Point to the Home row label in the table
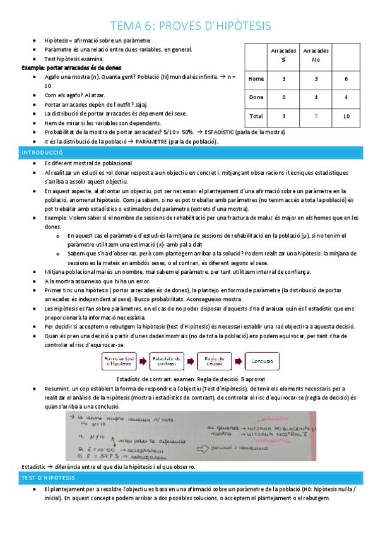click(x=256, y=79)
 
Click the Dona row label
click(x=256, y=97)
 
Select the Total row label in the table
click(x=256, y=116)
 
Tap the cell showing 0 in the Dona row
click(x=283, y=97)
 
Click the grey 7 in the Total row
click(x=315, y=116)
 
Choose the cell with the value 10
click(x=346, y=116)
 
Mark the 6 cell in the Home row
click(x=346, y=79)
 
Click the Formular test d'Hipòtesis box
click(x=119, y=362)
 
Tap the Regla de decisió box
click(x=213, y=362)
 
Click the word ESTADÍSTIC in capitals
click(x=221, y=132)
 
